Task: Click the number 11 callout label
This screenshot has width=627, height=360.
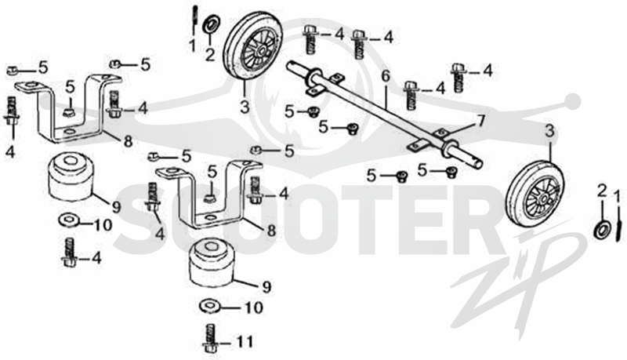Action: (244, 342)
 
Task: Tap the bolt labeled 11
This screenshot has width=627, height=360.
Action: (209, 338)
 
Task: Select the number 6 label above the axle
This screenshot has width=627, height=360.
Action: (385, 76)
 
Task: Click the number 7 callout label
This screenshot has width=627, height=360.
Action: (480, 120)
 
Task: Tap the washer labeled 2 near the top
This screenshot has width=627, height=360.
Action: (210, 25)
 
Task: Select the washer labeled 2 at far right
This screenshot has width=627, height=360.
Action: (603, 230)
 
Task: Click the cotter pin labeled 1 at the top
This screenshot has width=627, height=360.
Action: (194, 20)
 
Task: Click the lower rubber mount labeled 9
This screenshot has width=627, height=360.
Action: (212, 262)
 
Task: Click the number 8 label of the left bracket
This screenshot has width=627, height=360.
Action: (128, 141)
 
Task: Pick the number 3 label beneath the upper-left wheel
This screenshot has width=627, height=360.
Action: (245, 107)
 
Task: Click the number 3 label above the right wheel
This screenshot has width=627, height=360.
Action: (550, 131)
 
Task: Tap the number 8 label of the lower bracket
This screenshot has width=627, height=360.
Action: (271, 230)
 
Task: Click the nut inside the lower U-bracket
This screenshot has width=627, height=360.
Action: (209, 198)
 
